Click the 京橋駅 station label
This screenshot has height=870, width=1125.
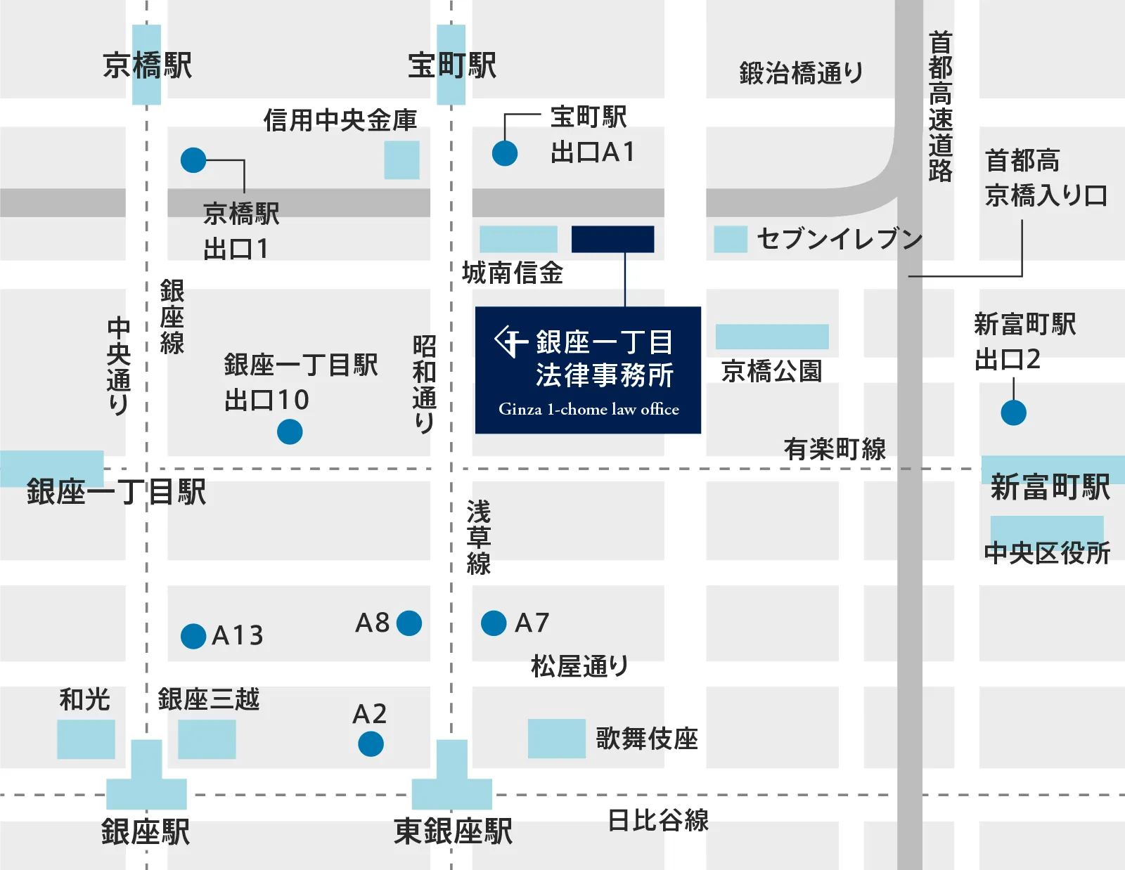(147, 65)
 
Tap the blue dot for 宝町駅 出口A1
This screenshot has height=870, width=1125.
(505, 153)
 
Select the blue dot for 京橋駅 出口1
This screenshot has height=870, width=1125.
(193, 160)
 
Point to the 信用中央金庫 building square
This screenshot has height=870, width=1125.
(401, 160)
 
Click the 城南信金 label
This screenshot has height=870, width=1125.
(513, 273)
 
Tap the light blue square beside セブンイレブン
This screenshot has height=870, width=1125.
(730, 240)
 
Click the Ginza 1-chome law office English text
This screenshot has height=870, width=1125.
(589, 409)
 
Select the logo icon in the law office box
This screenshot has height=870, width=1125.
(511, 342)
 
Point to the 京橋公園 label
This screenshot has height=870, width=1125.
(771, 371)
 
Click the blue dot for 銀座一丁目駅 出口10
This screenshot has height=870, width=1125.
(290, 431)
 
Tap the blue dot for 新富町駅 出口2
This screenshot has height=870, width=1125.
(1013, 413)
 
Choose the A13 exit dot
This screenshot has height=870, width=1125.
(193, 636)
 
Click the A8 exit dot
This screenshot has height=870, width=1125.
(409, 623)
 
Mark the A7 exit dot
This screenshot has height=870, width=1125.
(494, 623)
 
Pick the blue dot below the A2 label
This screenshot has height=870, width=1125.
(371, 744)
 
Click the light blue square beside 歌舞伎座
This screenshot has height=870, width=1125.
(556, 738)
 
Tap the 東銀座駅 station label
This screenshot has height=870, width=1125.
(453, 831)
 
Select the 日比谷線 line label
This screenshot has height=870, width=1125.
(658, 820)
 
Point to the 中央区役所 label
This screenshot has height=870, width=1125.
(1047, 553)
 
